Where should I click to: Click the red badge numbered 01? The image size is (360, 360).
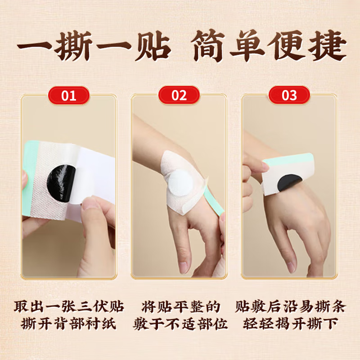(x=69, y=95)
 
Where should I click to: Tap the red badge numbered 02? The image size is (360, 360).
(x=179, y=95)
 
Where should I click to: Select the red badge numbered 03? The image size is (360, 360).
(x=289, y=95)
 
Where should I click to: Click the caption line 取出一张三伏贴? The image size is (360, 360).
(x=68, y=307)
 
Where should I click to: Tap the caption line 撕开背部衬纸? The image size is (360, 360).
(x=68, y=324)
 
